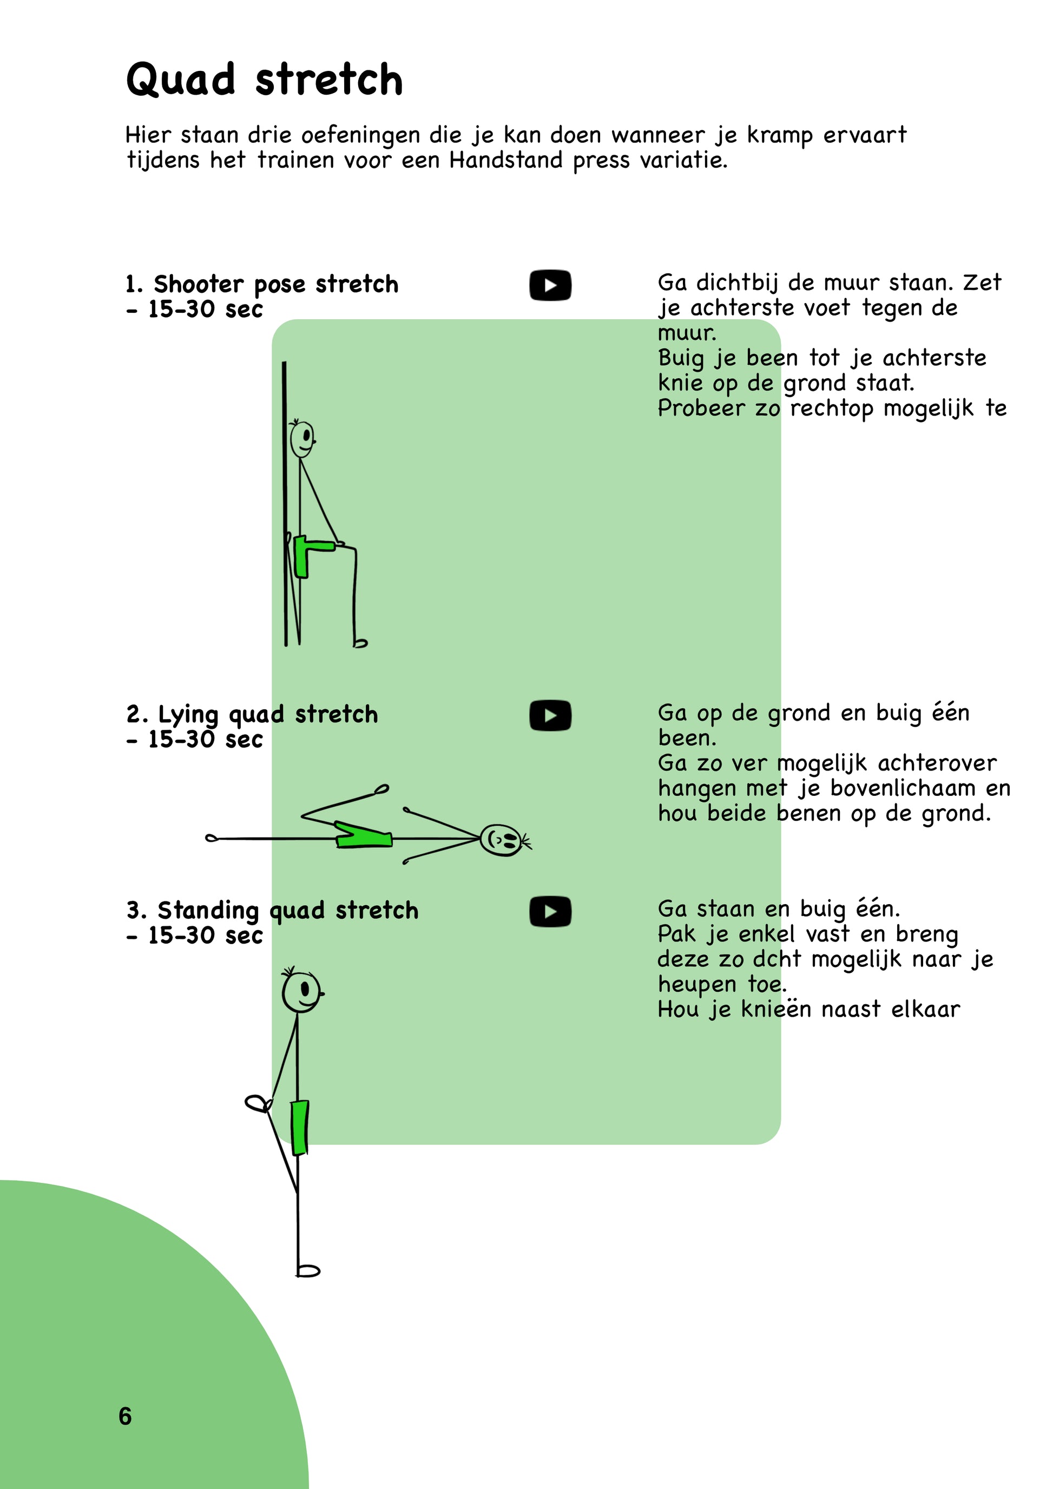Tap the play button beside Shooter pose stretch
pos(550,285)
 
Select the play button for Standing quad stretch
pos(550,912)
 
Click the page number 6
pos(125,1416)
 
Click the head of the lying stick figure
pos(502,840)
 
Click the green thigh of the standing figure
pos(300,1128)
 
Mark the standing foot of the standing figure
pos(308,1270)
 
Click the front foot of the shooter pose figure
pos(360,643)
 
